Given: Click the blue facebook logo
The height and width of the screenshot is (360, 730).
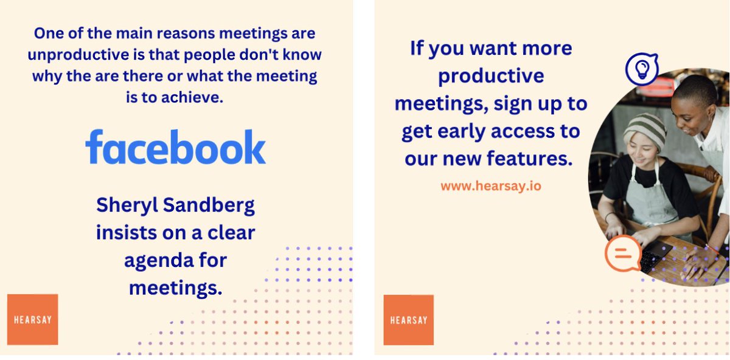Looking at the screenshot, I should pyautogui.click(x=175, y=147).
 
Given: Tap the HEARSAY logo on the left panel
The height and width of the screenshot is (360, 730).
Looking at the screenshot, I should pyautogui.click(x=32, y=319).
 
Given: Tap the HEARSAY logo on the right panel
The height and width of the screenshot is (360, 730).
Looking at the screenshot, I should pyautogui.click(x=408, y=320).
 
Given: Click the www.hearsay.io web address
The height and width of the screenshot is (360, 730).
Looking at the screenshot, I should pyautogui.click(x=490, y=186).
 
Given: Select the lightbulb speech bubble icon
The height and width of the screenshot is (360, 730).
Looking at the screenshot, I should pyautogui.click(x=641, y=69).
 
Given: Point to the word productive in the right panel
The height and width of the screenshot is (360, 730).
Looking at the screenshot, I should pyautogui.click(x=491, y=76).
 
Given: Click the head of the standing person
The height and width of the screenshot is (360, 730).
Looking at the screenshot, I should pyautogui.click(x=693, y=103).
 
